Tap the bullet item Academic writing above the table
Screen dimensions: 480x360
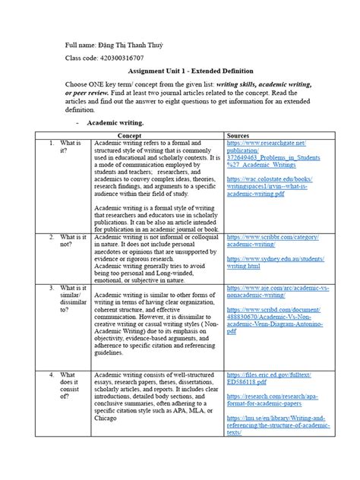click(x=115, y=122)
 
